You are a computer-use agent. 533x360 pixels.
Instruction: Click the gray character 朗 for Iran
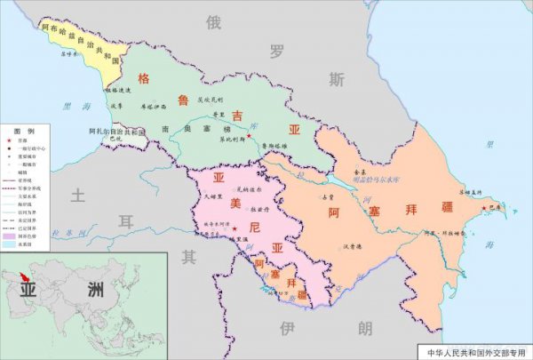pos(365,328)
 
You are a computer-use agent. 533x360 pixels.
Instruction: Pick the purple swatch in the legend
pos(9,236)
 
